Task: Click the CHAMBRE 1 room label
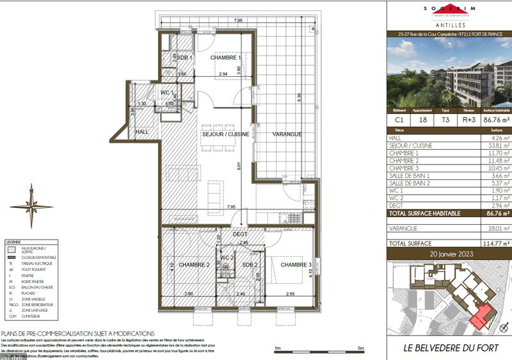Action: pos(225,57)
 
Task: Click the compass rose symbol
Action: pos(31,206)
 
